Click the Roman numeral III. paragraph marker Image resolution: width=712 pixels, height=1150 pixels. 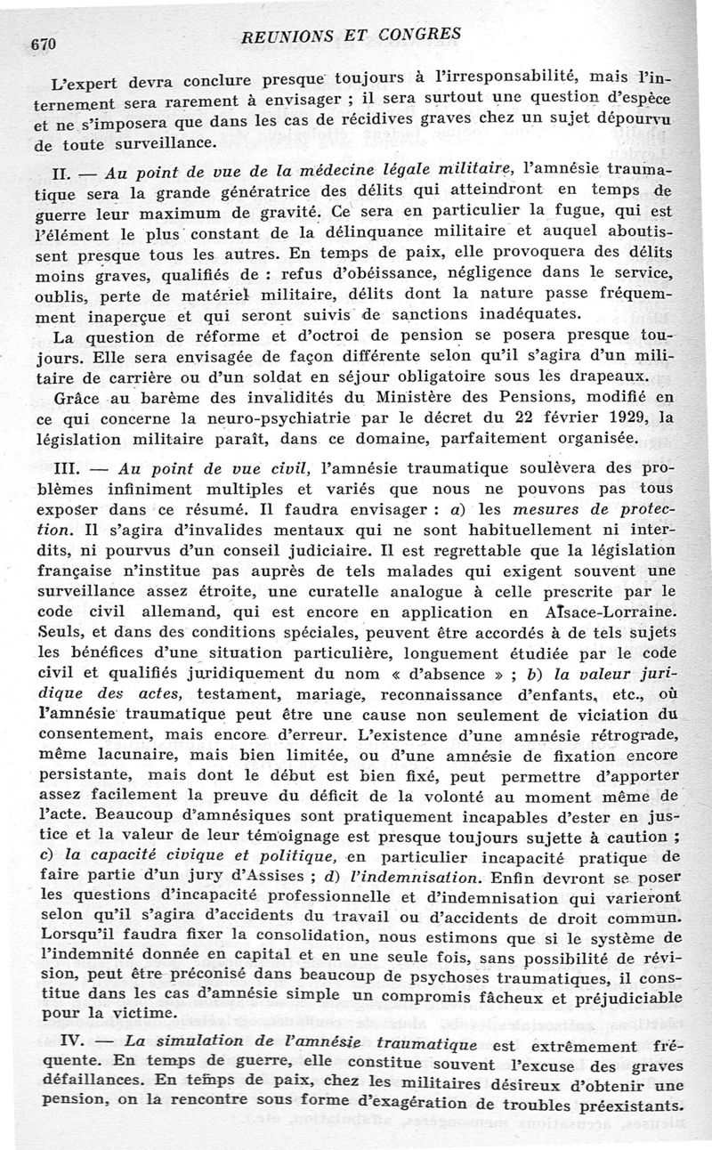tap(74, 466)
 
